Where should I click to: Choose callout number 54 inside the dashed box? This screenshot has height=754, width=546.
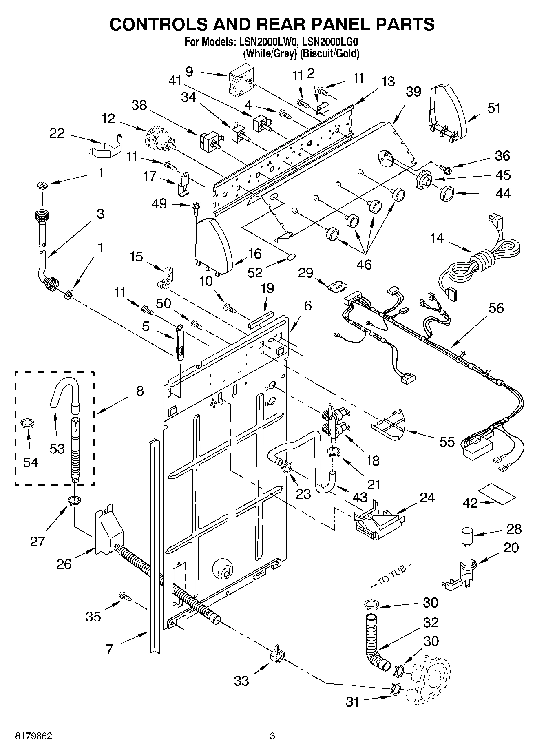click(x=31, y=462)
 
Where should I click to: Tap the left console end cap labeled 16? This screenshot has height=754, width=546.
click(x=213, y=245)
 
